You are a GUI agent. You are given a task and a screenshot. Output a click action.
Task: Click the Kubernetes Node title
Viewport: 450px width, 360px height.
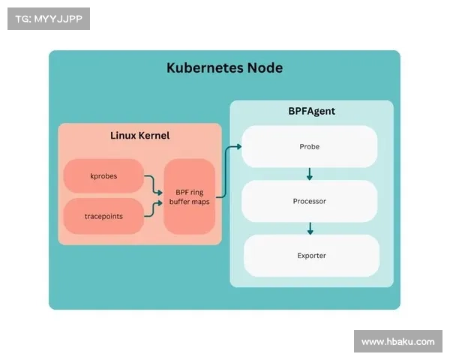click(x=224, y=67)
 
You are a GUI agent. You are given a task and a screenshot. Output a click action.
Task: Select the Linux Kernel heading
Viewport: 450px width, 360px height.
click(x=139, y=136)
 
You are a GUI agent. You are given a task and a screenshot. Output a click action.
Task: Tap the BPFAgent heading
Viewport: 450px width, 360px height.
click(x=311, y=111)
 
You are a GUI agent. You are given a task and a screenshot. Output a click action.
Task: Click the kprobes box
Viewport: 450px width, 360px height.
click(x=103, y=176)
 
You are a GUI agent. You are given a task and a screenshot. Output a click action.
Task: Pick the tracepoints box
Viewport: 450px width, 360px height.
click(x=103, y=216)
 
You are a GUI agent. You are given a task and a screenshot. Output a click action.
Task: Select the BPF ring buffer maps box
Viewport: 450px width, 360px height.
click(x=190, y=196)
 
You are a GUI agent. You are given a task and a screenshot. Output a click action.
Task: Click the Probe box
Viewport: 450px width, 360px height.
click(x=309, y=146)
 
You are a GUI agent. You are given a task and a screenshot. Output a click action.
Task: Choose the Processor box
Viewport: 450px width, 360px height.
click(x=309, y=201)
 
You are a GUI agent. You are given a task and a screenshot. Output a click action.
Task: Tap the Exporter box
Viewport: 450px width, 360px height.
click(x=311, y=256)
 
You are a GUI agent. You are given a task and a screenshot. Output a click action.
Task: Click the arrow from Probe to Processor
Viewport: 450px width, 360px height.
click(x=309, y=174)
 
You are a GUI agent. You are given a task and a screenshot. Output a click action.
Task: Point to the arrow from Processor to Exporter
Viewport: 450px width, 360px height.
click(x=309, y=228)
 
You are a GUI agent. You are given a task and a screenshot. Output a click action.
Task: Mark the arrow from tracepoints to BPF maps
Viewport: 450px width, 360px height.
click(x=153, y=208)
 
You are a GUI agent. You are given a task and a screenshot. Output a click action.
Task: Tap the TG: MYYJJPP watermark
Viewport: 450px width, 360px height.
click(x=48, y=19)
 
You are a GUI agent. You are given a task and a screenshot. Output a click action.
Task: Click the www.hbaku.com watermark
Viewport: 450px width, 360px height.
click(x=397, y=342)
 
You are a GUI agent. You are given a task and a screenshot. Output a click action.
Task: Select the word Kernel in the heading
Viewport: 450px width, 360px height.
click(x=154, y=136)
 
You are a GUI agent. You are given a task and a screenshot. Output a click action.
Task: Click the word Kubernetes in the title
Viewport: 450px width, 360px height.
click(x=205, y=67)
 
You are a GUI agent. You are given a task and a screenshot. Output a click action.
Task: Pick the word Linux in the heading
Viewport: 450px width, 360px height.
click(x=123, y=136)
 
